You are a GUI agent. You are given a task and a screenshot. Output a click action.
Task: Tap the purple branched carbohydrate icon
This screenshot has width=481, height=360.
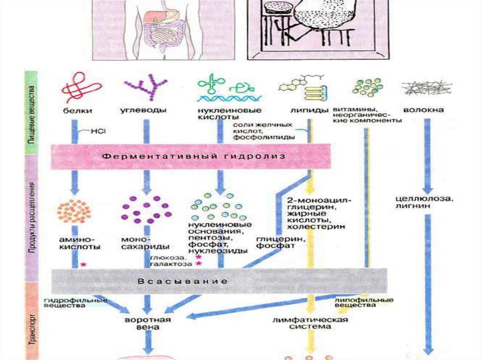click(x=146, y=88)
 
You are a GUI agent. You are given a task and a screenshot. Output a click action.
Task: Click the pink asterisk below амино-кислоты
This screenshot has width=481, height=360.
click(x=84, y=265)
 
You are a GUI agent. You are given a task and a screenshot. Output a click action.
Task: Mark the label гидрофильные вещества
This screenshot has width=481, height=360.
click(x=75, y=302)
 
